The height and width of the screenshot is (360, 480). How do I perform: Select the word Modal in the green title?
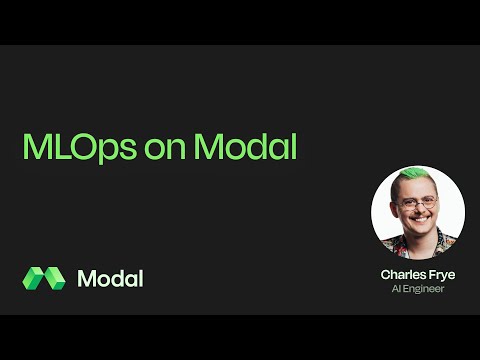point(245,147)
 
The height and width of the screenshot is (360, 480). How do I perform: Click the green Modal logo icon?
point(43,278)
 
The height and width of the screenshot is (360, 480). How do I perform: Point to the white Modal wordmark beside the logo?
point(110,278)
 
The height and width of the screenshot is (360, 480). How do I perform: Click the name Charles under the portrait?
point(402,274)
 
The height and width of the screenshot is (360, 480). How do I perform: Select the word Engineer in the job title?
point(424,289)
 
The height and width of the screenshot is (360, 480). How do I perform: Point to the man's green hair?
point(414,177)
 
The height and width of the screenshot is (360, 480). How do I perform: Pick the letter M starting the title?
point(35,147)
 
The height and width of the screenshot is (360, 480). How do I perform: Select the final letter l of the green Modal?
point(293,147)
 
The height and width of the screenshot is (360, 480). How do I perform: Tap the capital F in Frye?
point(431,274)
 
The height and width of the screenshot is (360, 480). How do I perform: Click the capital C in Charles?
point(385,274)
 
